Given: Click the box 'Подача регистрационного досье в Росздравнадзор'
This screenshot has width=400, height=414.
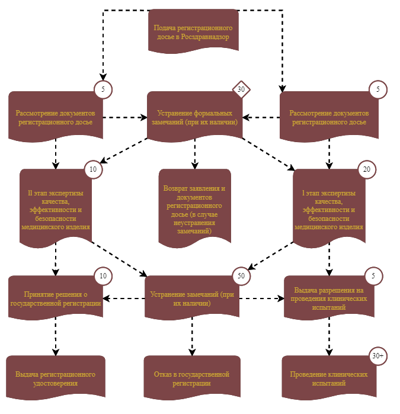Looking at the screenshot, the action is (x=193, y=31).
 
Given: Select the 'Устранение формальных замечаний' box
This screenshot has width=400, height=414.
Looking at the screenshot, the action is (x=195, y=116).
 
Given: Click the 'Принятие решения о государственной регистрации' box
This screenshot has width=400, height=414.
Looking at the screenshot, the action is (x=56, y=297).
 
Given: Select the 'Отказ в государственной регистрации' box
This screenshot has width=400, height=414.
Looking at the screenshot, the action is (x=192, y=377).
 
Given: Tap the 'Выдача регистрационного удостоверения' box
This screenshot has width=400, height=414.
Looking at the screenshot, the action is (x=56, y=377).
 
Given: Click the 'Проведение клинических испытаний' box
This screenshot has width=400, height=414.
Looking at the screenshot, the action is (x=329, y=377).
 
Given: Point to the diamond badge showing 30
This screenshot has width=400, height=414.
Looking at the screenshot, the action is (x=241, y=89).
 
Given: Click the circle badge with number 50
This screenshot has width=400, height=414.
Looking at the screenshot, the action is (x=241, y=276).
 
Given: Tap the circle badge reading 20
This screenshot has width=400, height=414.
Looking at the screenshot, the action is (x=367, y=169).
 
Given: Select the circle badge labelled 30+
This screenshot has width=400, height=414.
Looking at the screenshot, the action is (x=378, y=356).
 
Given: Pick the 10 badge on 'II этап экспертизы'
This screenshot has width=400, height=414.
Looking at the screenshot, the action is (x=93, y=169).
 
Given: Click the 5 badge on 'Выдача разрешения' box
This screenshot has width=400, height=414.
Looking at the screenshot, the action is (x=373, y=276).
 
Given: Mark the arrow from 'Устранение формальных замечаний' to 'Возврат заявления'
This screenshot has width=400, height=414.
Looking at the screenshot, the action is (x=195, y=153).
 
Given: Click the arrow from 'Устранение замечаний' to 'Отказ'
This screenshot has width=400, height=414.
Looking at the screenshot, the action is (x=192, y=336).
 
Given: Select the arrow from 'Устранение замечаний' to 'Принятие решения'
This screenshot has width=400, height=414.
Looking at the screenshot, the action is (x=124, y=299).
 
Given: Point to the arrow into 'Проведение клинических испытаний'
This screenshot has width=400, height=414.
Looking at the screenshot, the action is (x=329, y=336).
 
